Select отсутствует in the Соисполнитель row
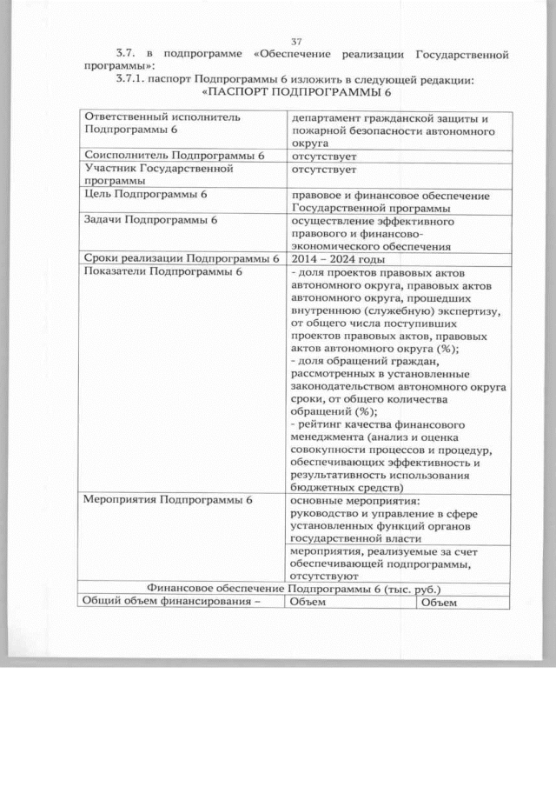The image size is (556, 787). tap(325, 156)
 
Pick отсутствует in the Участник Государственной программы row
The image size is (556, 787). tap(325, 170)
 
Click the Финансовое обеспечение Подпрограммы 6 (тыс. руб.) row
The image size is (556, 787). tap(294, 588)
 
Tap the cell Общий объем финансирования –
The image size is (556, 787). tap(171, 602)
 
